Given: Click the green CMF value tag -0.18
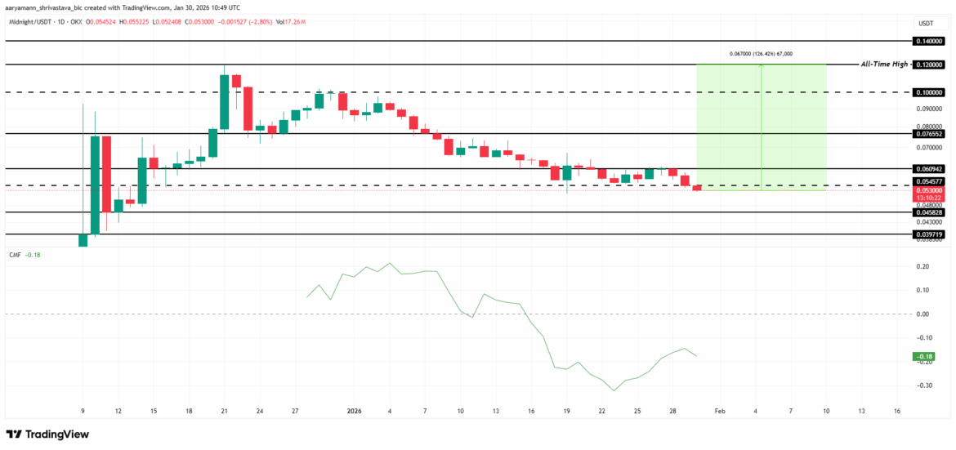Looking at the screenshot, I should pyautogui.click(x=924, y=356).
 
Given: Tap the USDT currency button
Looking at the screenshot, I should pyautogui.click(x=926, y=23).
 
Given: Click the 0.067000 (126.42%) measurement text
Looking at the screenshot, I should pyautogui.click(x=761, y=54).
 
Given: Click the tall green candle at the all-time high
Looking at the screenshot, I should pyautogui.click(x=225, y=101).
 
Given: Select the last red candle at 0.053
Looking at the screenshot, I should pyautogui.click(x=696, y=189).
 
